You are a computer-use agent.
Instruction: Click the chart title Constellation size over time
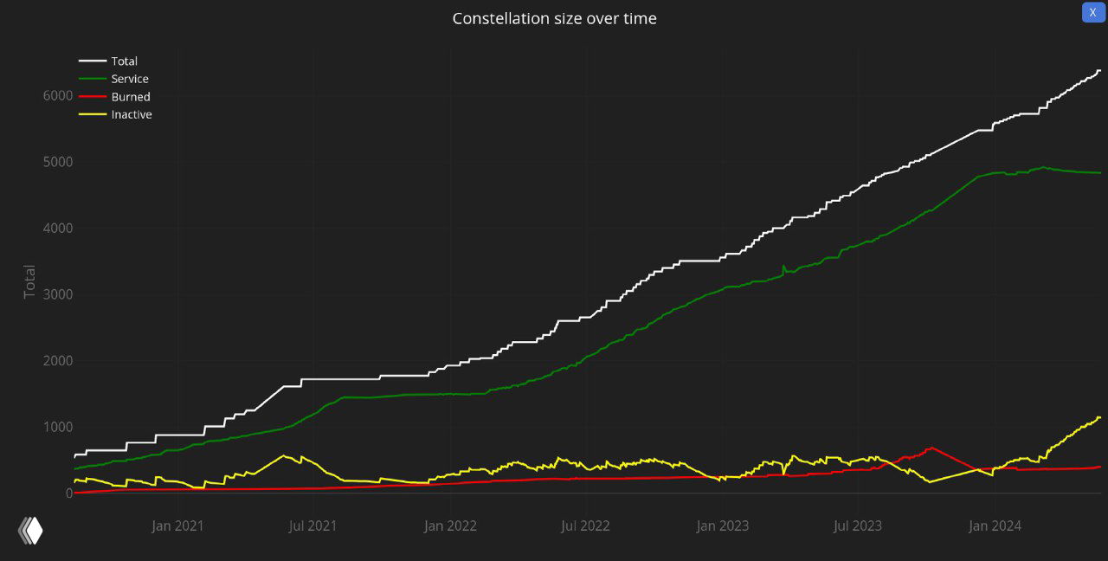pos(554,18)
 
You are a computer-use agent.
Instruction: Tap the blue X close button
pos(1092,12)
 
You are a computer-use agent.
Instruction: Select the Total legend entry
pos(124,61)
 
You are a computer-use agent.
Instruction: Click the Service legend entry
pos(130,79)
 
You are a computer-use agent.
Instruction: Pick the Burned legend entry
pos(130,97)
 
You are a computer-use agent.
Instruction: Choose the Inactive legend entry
pos(132,114)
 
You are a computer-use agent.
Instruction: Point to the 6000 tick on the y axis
pos(57,95)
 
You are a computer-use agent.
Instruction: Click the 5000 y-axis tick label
pos(57,162)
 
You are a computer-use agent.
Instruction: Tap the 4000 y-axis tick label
pos(57,228)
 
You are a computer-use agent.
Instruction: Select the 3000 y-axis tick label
pos(57,294)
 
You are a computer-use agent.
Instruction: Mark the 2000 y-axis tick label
pos(57,360)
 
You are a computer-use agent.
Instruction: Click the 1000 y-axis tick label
pos(57,427)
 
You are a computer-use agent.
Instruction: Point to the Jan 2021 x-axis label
pos(177,526)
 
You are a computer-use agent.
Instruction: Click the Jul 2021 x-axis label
pos(312,526)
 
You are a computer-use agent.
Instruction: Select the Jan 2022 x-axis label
pos(450,526)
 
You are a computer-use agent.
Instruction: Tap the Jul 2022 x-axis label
pos(585,526)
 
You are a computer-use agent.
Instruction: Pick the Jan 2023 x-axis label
pos(723,526)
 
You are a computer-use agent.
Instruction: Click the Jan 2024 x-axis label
pos(995,526)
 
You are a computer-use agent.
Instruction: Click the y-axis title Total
pos(30,281)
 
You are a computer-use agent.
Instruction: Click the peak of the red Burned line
pos(931,448)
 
